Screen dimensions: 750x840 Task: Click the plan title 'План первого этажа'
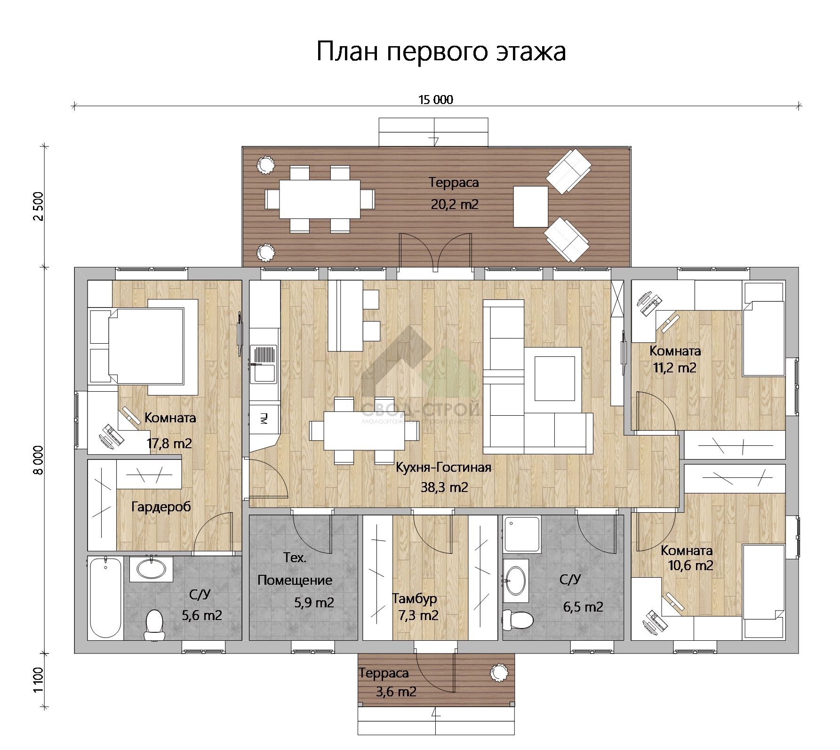coord(440,51)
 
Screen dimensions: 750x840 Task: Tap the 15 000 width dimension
coord(435,99)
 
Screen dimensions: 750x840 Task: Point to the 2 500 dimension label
coord(39,206)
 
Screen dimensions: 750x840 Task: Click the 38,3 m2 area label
coord(444,487)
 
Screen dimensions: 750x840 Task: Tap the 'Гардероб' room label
coord(161,507)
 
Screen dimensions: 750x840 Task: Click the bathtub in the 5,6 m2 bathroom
coord(105,597)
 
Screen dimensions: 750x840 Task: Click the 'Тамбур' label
coord(415,598)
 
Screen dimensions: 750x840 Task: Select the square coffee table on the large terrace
coord(530,207)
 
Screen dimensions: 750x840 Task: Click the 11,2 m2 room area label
coord(674,368)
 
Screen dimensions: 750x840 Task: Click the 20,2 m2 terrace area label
coord(454,204)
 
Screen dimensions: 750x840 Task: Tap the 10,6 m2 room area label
coord(690,565)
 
